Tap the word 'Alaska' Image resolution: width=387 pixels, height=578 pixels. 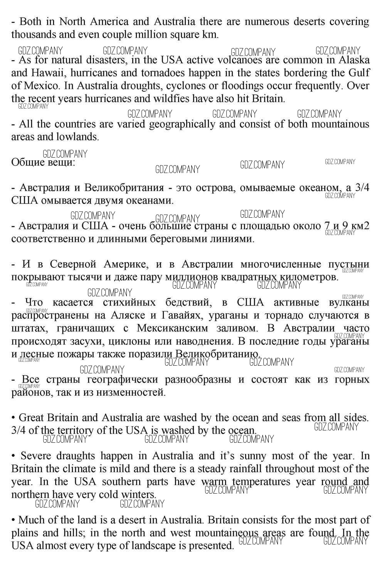coord(354,60)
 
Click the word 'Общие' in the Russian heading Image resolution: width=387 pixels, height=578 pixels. coord(28,162)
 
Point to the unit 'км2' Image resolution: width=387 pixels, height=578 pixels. coord(360,226)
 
